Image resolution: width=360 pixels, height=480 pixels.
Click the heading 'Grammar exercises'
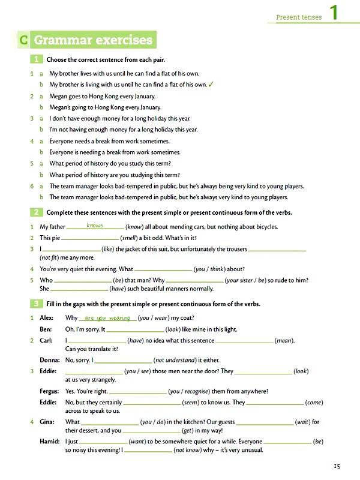pyautogui.click(x=94, y=41)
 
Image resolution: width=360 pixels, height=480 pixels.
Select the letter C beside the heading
pyautogui.click(x=22, y=41)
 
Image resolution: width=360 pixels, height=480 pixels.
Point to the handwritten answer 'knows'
pyautogui.click(x=95, y=226)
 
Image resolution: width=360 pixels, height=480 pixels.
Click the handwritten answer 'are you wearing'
pyautogui.click(x=108, y=317)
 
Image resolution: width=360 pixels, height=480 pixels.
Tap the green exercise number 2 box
pyautogui.click(x=36, y=212)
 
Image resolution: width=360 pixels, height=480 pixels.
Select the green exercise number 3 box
pyautogui.click(x=36, y=304)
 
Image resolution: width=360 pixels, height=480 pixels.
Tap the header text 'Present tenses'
pyautogui.click(x=299, y=17)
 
